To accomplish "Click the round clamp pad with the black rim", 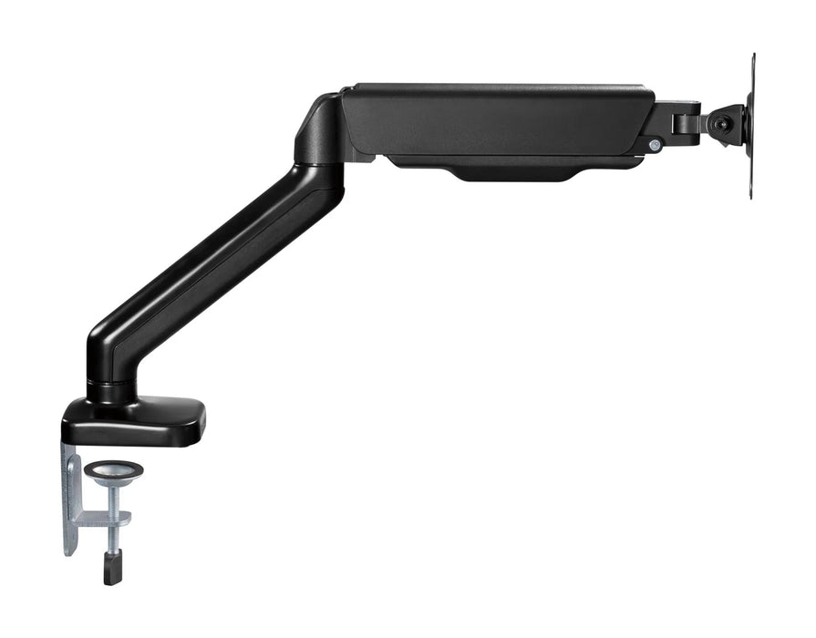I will click(x=113, y=470).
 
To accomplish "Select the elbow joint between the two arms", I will click(x=319, y=137).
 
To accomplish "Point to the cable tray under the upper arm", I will click(x=511, y=169).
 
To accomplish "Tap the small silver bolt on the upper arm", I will click(x=654, y=145).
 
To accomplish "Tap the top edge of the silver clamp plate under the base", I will click(x=71, y=448).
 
